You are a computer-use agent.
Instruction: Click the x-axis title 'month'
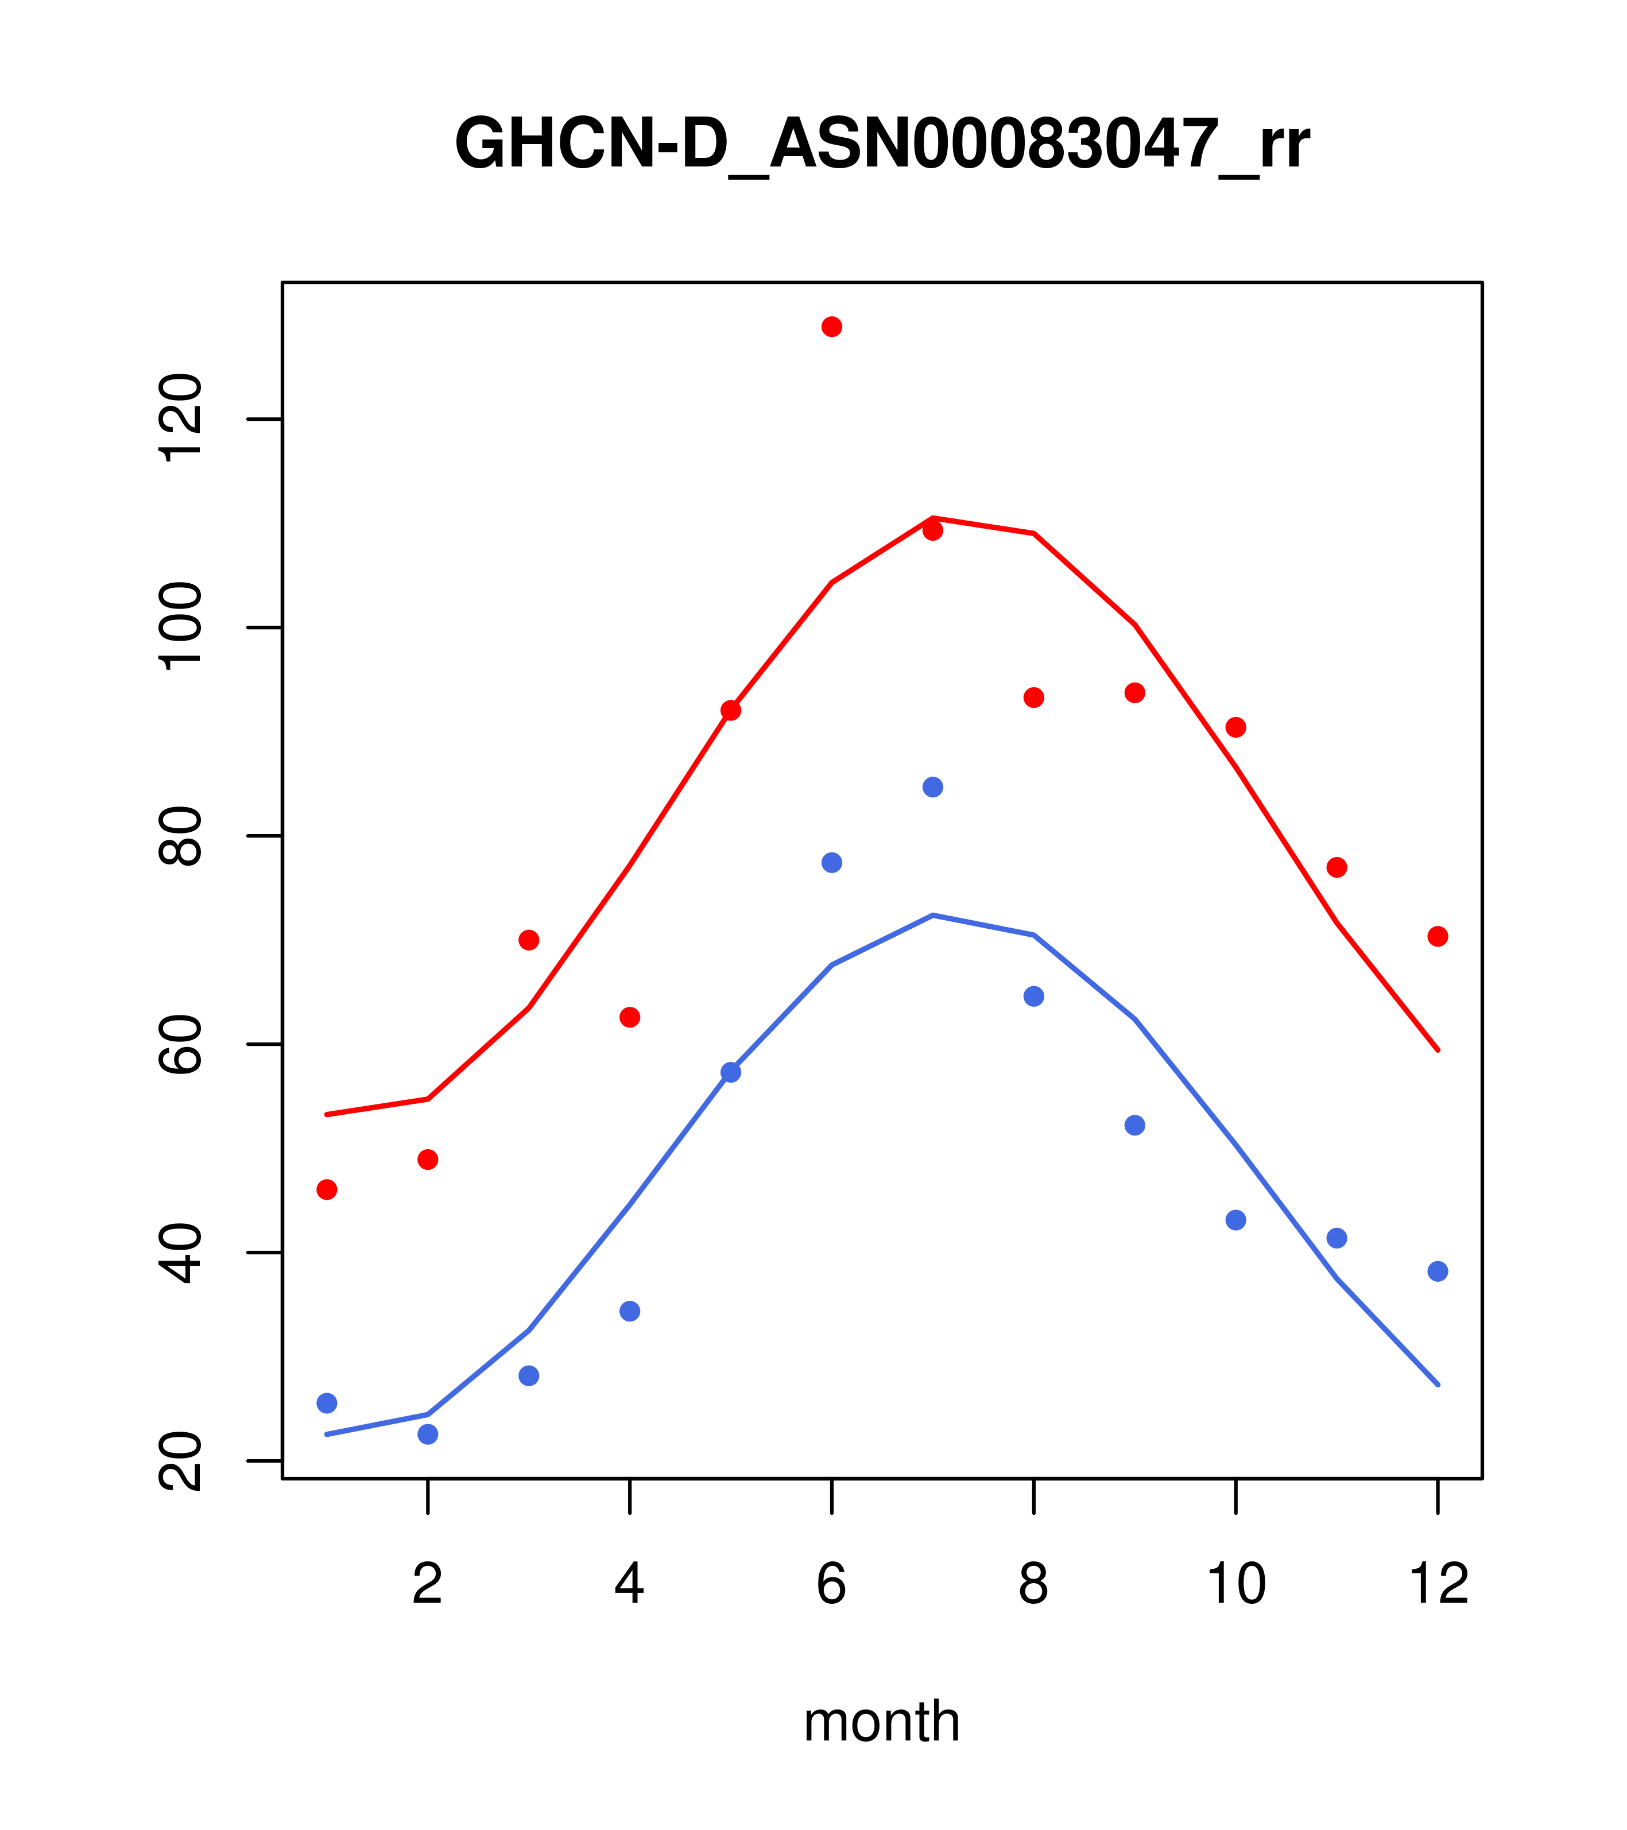coord(881,1721)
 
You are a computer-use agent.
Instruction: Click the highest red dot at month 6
coord(832,327)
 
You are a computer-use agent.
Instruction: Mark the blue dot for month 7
coord(933,787)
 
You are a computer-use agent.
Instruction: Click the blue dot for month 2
coord(428,1434)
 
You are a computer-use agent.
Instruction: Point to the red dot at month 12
coord(1438,936)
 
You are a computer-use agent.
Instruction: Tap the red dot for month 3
coord(529,940)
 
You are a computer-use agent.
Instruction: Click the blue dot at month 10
coord(1235,1220)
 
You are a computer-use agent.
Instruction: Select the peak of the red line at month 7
coord(933,518)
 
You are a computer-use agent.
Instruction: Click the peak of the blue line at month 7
coord(933,915)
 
